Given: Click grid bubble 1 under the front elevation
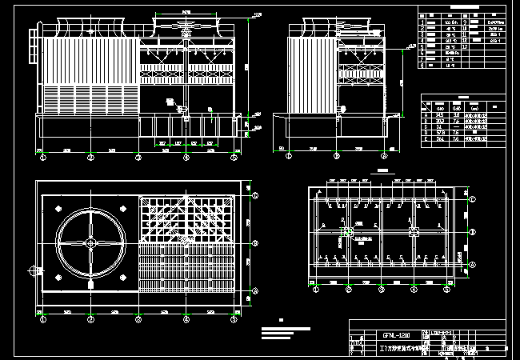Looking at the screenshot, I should click(x=43, y=159).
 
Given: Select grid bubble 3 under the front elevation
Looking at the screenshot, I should click(x=139, y=159).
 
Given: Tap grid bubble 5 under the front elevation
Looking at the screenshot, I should click(x=234, y=159).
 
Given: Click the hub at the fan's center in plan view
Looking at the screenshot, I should click(x=90, y=242).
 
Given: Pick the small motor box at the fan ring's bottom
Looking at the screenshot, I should click(x=90, y=282).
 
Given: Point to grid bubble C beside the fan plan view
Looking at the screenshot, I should click(x=255, y=194).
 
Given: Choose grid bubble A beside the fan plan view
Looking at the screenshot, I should click(x=255, y=290).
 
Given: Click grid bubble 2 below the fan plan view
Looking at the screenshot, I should click(x=91, y=319).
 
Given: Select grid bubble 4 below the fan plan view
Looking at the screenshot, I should click(x=186, y=319).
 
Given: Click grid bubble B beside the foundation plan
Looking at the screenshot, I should click(x=472, y=231).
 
